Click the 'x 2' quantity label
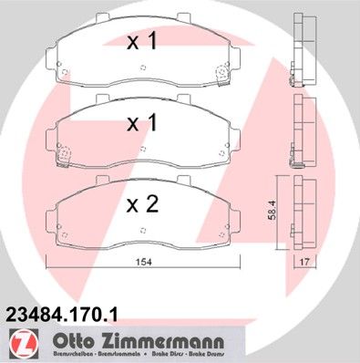coord(141,204)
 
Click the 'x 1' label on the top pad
coord(141,41)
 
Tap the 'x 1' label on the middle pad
coord(141,123)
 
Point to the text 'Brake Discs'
coord(157,353)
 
